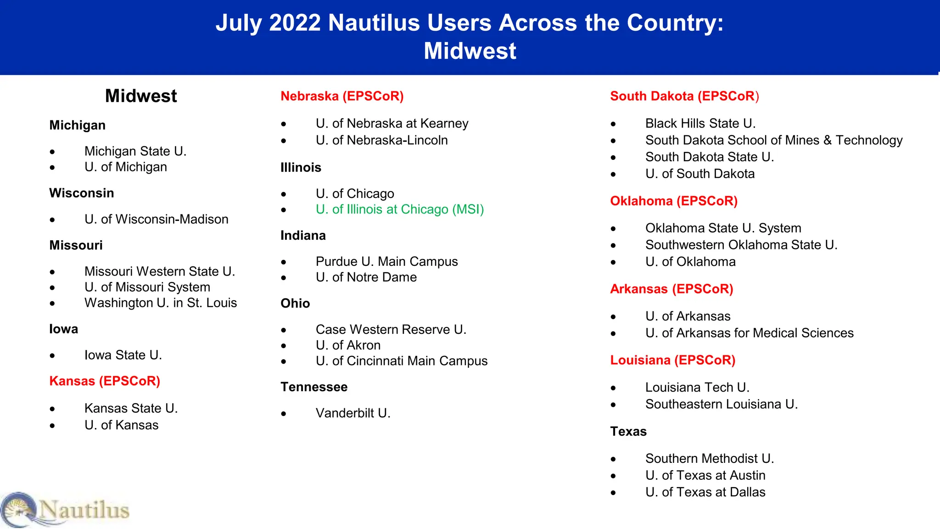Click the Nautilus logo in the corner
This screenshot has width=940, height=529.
[x=64, y=510]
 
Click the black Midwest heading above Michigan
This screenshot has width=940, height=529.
[x=141, y=96]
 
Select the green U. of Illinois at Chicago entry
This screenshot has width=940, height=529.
[x=399, y=209]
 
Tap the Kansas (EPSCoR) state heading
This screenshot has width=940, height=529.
[x=105, y=381]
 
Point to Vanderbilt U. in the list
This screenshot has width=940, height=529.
[x=353, y=413]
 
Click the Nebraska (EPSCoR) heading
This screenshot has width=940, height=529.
[x=342, y=96]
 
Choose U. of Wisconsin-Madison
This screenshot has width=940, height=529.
[x=156, y=219]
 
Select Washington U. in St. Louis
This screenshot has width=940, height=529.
[x=161, y=303]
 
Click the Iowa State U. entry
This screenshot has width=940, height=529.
[x=123, y=355]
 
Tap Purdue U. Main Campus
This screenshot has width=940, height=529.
[x=386, y=262]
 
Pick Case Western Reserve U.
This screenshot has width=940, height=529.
[x=391, y=330]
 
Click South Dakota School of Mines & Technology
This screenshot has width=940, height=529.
[x=773, y=140]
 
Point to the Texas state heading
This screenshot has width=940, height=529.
[x=628, y=432]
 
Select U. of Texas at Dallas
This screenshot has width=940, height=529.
[x=705, y=492]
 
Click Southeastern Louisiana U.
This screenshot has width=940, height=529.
[x=721, y=404]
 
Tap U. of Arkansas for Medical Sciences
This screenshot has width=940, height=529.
[x=749, y=333]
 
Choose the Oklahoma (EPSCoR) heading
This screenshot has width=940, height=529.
[x=673, y=201]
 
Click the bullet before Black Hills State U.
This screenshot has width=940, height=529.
[x=613, y=124]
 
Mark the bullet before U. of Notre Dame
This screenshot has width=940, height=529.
[x=284, y=278]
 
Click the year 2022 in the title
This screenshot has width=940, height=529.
[x=295, y=23]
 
